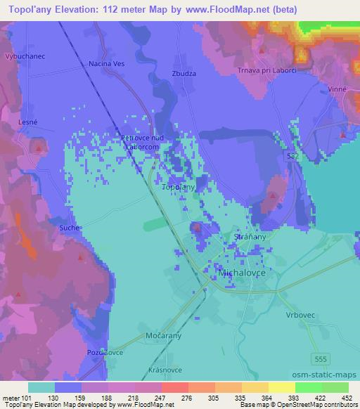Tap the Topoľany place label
tap(179, 188)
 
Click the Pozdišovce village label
tap(106, 352)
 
